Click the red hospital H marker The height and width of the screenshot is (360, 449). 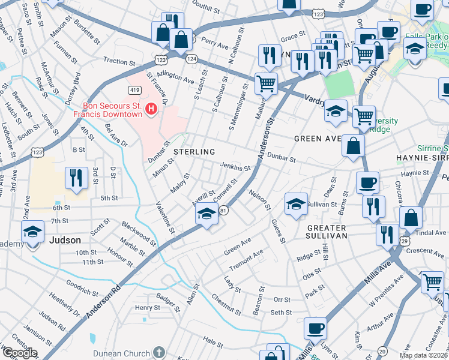(152, 109)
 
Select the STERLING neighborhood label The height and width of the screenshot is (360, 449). (194, 152)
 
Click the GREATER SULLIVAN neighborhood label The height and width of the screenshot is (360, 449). (327, 232)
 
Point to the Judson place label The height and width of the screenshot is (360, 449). (65, 240)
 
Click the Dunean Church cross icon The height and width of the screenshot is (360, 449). (158, 352)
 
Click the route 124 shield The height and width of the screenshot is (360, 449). (191, 59)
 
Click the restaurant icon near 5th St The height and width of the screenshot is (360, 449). (76, 178)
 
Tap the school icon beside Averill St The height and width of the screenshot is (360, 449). (206, 214)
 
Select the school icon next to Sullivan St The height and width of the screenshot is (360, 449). (296, 205)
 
